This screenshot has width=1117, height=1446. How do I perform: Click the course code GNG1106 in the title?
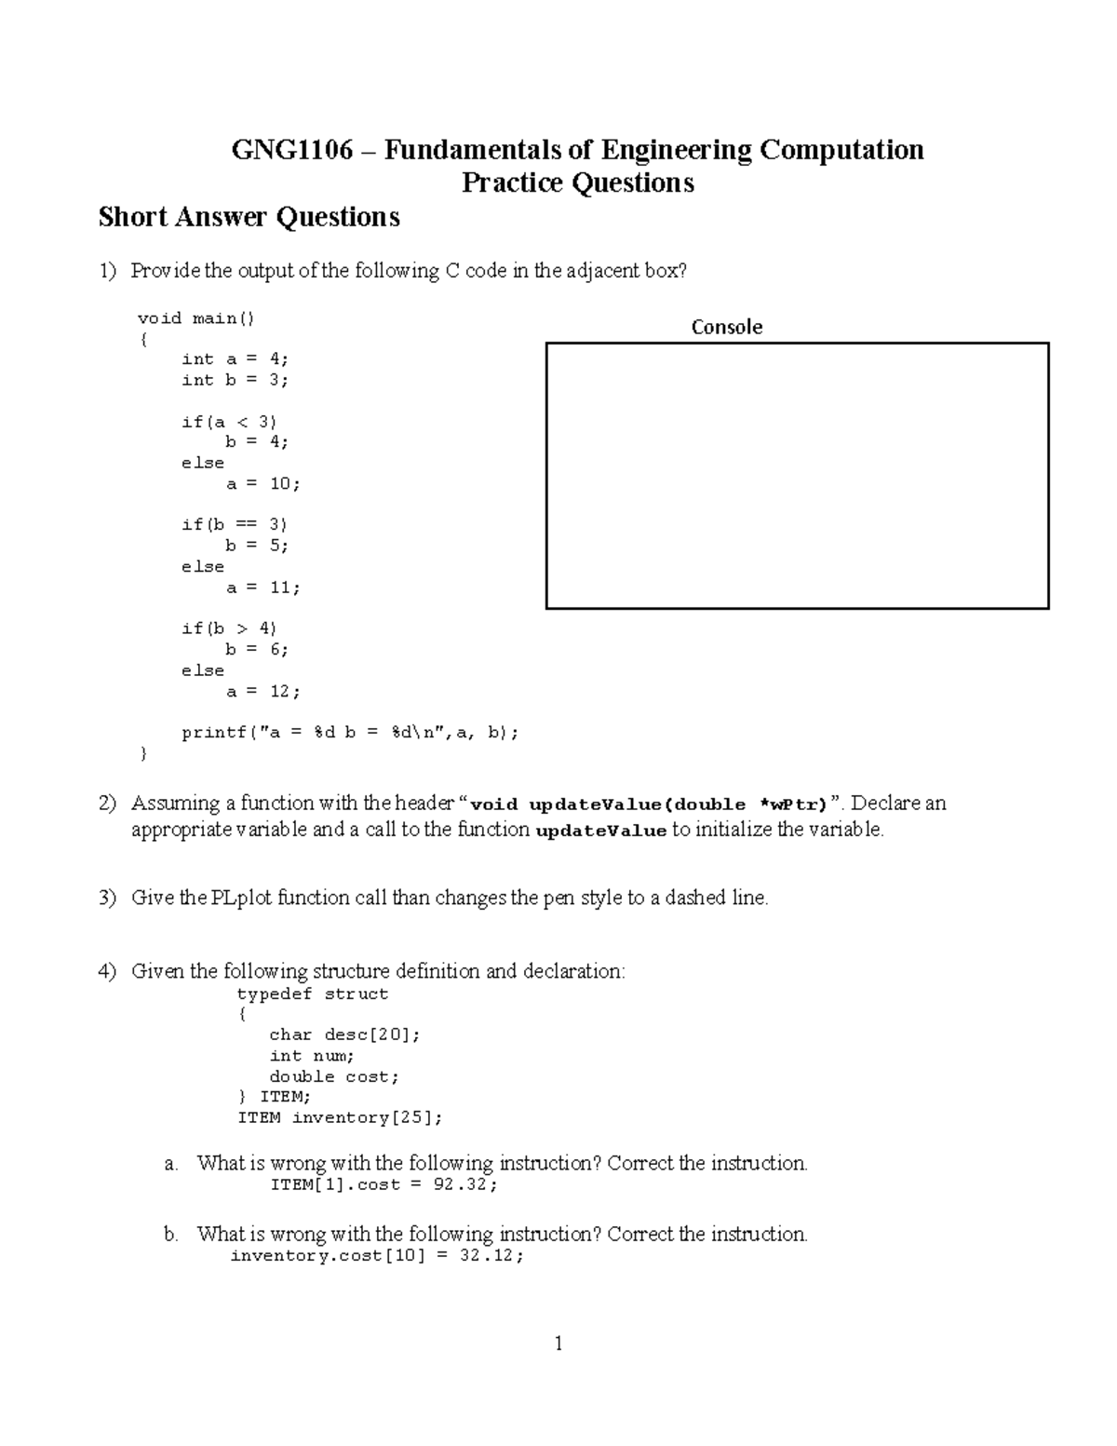(x=292, y=150)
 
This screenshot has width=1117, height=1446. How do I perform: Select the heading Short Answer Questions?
(x=249, y=217)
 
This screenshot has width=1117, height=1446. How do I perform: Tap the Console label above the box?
(x=726, y=327)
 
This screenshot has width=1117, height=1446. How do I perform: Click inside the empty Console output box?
(x=797, y=476)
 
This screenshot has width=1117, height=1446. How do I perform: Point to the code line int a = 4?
(x=235, y=359)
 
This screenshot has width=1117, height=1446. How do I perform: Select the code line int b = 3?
(x=235, y=380)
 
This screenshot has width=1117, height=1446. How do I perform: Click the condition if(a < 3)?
(x=229, y=422)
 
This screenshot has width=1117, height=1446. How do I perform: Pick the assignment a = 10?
(x=263, y=484)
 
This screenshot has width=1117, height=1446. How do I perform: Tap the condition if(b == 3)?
(x=235, y=525)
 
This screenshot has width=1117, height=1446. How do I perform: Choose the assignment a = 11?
(x=263, y=588)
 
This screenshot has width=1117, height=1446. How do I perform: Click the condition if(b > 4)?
(x=229, y=628)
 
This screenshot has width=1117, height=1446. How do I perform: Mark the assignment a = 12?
(x=263, y=692)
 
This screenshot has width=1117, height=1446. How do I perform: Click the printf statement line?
(x=350, y=733)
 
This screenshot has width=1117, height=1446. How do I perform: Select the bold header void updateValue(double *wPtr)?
(x=650, y=805)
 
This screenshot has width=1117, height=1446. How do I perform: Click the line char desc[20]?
(x=344, y=1034)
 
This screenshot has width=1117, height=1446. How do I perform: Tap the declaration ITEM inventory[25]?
(x=340, y=1117)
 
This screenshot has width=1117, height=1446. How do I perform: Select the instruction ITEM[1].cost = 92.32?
(x=384, y=1185)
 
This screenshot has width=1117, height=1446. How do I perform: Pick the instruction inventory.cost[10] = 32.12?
(x=377, y=1256)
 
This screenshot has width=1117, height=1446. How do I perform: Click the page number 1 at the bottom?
(x=558, y=1344)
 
